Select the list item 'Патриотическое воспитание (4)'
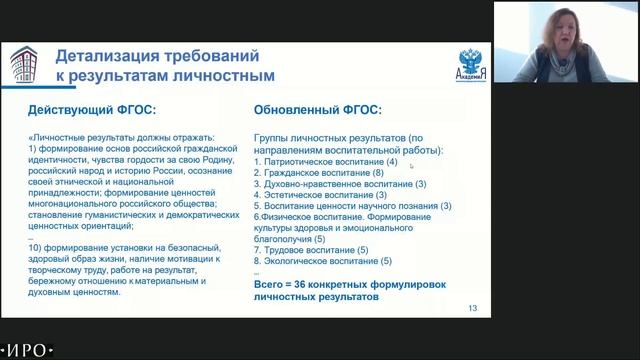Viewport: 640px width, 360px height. [x=326, y=162]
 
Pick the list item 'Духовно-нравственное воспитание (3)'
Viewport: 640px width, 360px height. [x=340, y=184]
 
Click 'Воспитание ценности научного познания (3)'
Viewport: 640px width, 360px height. [x=353, y=206]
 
